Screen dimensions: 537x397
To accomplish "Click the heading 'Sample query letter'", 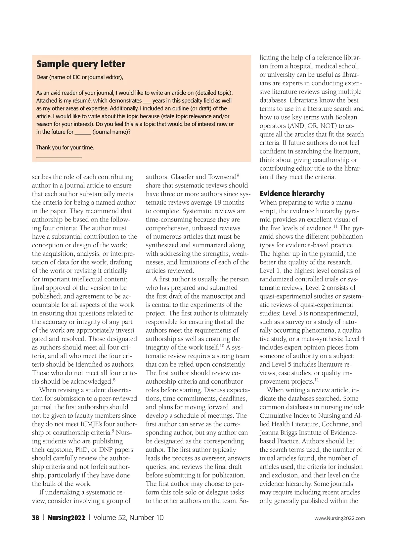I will (x=81, y=64).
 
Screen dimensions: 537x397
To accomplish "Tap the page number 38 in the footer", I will (x=35, y=517).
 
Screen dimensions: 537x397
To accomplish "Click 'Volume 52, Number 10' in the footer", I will (x=128, y=517).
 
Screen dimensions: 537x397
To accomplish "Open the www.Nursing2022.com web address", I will (x=339, y=518).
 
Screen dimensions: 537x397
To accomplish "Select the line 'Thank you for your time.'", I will (x=65, y=147).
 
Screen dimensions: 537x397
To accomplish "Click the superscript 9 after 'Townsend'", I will (x=238, y=175).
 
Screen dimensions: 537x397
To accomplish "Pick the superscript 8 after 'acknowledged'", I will (x=114, y=380).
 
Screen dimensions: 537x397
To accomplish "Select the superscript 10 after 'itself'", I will (x=222, y=346).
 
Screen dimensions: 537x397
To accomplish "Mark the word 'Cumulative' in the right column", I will (x=276, y=416).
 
